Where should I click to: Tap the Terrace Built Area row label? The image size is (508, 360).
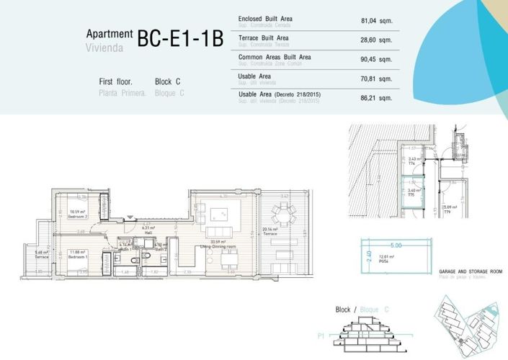point(264,37)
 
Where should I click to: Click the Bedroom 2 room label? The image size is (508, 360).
point(77,214)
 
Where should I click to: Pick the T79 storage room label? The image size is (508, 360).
point(447,212)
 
